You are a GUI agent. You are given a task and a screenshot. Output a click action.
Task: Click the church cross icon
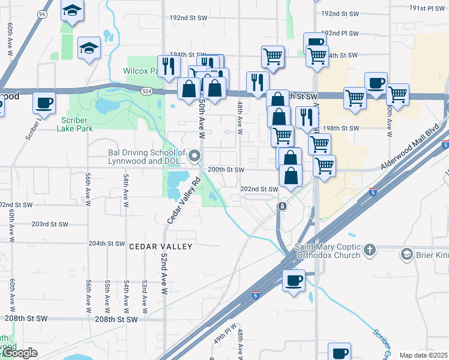[x=370, y=249]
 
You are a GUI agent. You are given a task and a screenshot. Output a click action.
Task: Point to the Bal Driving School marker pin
[x=194, y=157]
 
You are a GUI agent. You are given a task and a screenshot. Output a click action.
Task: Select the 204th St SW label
[x=106, y=244]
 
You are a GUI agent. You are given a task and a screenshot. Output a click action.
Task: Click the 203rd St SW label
[x=50, y=224]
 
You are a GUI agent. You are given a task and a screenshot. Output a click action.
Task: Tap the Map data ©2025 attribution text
[x=423, y=355]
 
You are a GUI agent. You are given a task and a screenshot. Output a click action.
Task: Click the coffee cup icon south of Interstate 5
[x=294, y=281]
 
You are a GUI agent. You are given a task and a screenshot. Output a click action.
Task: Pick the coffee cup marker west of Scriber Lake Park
[x=44, y=103]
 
